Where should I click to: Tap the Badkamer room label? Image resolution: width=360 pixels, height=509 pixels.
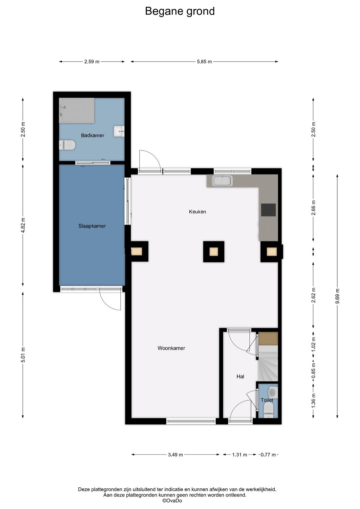[x=92, y=135]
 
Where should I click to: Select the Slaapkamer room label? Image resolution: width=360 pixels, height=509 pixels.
[x=92, y=226]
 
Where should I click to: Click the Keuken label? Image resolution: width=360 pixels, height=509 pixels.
[x=197, y=211]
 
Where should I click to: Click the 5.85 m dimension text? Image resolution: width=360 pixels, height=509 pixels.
[x=204, y=62]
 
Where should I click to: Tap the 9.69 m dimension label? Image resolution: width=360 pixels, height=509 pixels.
[x=338, y=296]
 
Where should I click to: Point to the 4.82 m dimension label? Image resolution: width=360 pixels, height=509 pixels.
[x=23, y=225]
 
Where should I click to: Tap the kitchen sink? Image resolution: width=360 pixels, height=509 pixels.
[x=222, y=180]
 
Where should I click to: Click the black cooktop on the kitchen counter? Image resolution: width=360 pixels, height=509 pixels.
[x=268, y=210]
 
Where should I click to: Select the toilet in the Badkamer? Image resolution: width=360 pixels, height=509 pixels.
[x=67, y=145]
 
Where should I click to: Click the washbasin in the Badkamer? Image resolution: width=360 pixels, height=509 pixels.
[x=119, y=131]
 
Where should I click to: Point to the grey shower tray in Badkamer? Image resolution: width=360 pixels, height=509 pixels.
[x=77, y=111]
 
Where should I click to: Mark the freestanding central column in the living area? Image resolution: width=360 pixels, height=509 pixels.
[x=214, y=251]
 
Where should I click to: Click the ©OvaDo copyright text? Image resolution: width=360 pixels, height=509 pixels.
[x=172, y=501]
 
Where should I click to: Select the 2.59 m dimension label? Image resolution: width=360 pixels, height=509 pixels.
[x=92, y=62]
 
